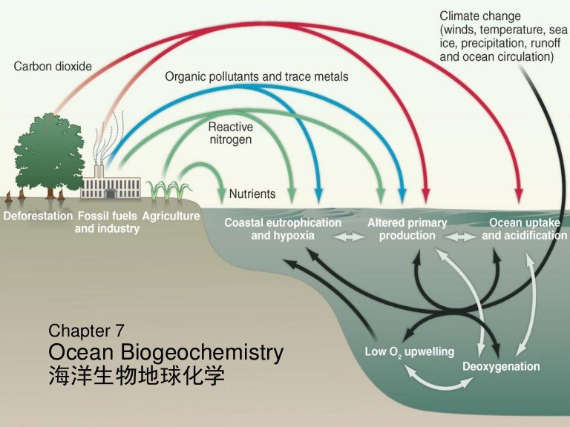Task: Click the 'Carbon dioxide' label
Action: pos(53,67)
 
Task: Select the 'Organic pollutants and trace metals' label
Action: pos(256,76)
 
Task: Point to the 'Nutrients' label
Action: pos(252,194)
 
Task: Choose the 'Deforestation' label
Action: pos(38,216)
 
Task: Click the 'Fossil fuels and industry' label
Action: pos(107,222)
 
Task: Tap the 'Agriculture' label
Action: pos(171,216)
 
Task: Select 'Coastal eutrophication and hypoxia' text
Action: pos(283,229)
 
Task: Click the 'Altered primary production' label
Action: pos(407,229)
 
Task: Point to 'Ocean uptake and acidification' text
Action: pos(524,229)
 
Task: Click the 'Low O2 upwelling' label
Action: pos(409,351)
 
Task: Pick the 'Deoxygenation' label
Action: pos(501,367)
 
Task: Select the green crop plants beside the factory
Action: pos(168,191)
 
